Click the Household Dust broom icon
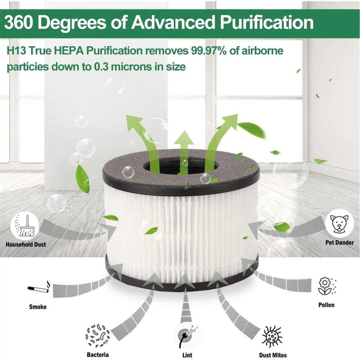[x=25, y=226]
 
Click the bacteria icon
[x=97, y=336]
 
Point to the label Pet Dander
[x=339, y=243]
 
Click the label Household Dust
[x=26, y=245]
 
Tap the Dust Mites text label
[x=273, y=355]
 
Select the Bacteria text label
[x=98, y=355]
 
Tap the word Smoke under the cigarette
[x=38, y=307]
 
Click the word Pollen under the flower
[x=326, y=305]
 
